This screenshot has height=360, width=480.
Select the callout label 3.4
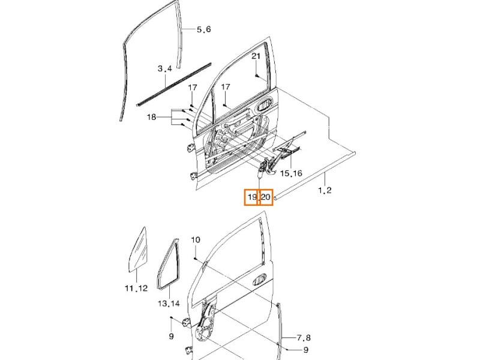tap(165, 69)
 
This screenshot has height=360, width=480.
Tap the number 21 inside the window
tap(255, 56)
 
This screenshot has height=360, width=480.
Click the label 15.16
tap(291, 173)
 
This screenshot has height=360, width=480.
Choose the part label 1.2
tap(325, 190)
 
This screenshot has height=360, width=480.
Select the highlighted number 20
tap(266, 197)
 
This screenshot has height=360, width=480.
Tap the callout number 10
tap(195, 240)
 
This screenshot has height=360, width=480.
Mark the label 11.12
tap(136, 289)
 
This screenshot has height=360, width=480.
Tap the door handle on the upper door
tap(263, 107)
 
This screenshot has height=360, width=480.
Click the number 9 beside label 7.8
tap(305, 350)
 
